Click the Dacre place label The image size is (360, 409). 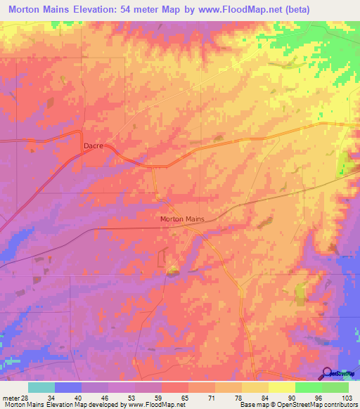tap(94, 146)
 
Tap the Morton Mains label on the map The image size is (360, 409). tap(182, 219)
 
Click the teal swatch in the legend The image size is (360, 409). tap(41, 387)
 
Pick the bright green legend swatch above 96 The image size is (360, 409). tap(308, 387)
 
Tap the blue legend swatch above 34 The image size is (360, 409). tap(68, 387)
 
